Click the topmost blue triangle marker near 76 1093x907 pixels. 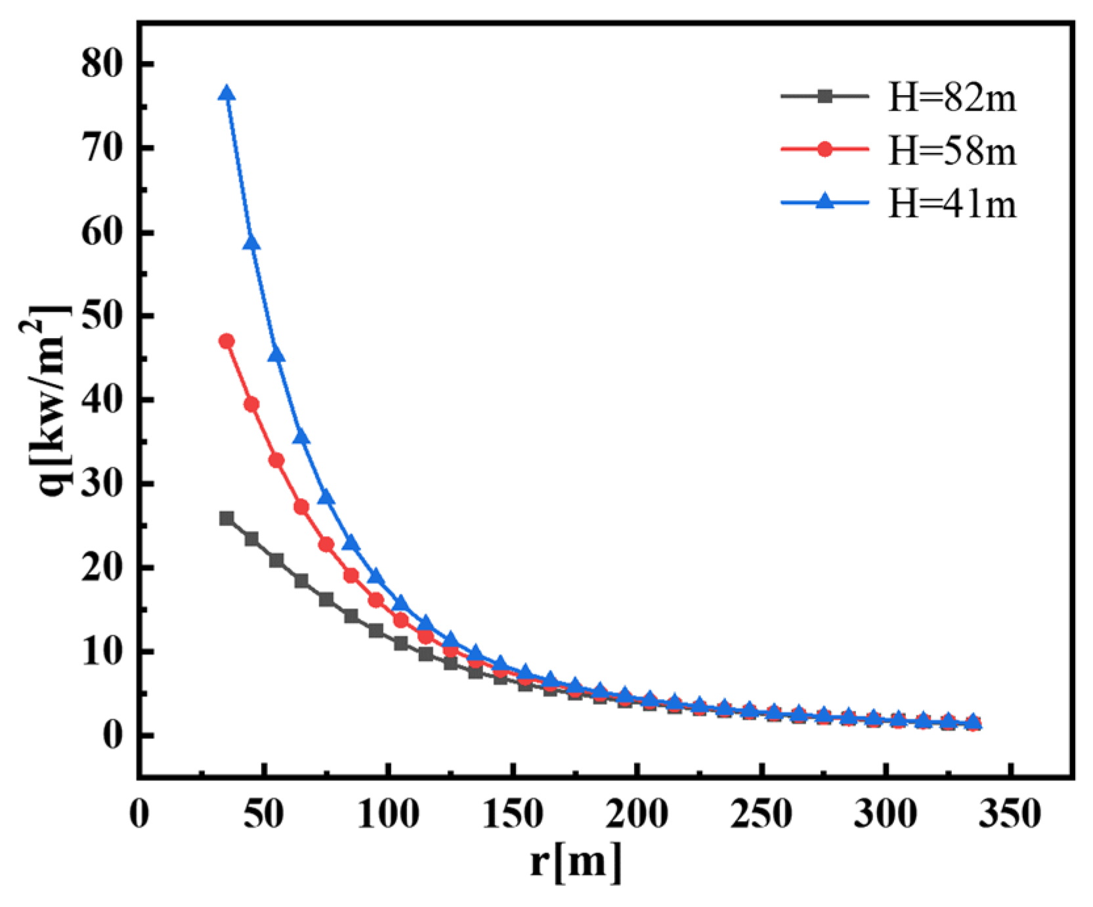tap(226, 93)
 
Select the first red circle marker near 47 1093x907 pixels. tap(226, 341)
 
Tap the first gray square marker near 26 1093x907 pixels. tap(226, 518)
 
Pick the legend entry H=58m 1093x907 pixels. tap(951, 151)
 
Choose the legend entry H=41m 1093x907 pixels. tap(951, 203)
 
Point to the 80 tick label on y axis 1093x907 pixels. tap(102, 64)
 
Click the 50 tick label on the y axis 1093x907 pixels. tap(102, 316)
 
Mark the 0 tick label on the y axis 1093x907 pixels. tap(113, 736)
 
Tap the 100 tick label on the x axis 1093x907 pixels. tap(389, 814)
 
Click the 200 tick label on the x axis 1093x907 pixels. tap(637, 814)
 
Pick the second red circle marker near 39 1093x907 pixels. tap(251, 404)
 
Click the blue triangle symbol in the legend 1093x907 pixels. tap(825, 201)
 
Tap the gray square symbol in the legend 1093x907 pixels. tap(825, 96)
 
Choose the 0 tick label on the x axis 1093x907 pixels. tap(139, 814)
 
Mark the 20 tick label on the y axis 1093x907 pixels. tap(102, 568)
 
